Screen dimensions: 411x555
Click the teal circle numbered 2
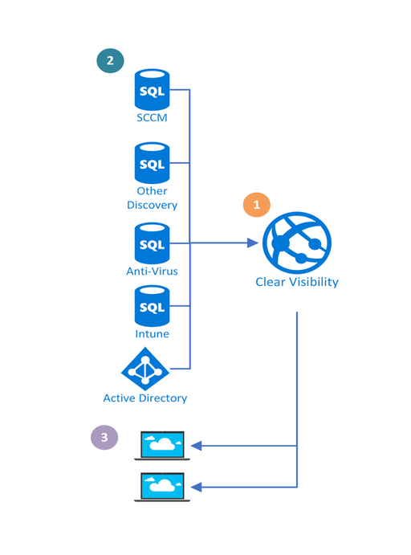coord(110,60)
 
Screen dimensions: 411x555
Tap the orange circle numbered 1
coord(257,205)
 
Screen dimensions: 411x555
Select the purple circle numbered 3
coord(104,437)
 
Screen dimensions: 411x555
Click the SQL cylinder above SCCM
coord(152,89)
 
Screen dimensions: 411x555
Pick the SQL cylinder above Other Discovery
coord(152,163)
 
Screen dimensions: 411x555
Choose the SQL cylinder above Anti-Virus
coord(152,243)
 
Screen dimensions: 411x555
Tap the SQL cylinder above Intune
coord(152,306)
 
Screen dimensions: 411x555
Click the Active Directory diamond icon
coord(145,369)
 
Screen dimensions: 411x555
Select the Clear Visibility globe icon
coord(297,243)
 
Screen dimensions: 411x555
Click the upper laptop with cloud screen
coord(162,446)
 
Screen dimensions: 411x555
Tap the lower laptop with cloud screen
coord(162,487)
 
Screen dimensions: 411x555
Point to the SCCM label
coord(152,117)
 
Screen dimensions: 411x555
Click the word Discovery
coord(152,205)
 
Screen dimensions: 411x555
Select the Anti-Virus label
coord(152,271)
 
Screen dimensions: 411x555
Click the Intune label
coord(152,334)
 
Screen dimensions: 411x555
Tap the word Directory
coord(163,398)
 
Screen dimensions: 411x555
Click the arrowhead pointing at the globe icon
coord(253,243)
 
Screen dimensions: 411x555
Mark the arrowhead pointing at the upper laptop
coord(197,446)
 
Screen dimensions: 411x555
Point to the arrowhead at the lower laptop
coord(197,487)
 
